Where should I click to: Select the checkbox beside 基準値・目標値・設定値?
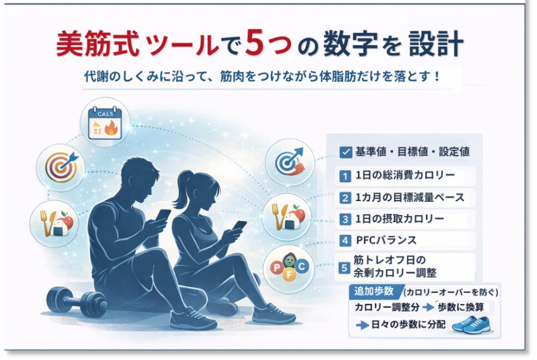[344, 151]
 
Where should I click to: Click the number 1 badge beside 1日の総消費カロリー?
[345, 176]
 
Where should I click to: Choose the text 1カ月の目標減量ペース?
[410, 197]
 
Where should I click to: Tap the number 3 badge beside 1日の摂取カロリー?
[345, 219]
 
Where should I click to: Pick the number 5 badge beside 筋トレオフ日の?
[345, 268]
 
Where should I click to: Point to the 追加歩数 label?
[373, 291]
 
